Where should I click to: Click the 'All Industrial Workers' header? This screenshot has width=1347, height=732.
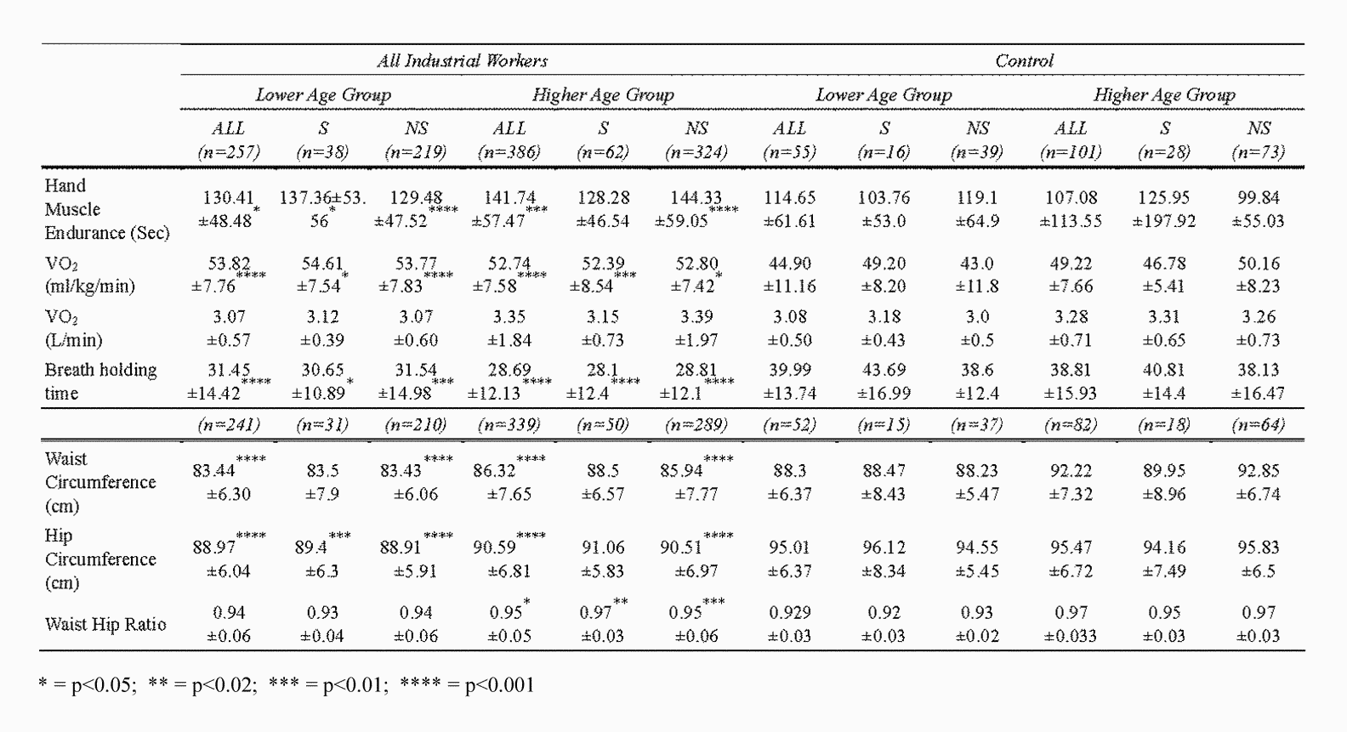462,60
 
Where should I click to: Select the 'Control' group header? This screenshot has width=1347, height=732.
1024,60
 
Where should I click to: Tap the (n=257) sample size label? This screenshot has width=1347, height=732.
228,152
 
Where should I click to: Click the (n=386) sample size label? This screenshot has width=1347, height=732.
509,152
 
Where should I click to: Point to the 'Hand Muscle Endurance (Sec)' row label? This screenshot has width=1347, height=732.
106,209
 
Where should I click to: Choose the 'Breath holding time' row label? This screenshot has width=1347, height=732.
100,382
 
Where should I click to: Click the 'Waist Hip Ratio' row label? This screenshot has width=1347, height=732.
105,624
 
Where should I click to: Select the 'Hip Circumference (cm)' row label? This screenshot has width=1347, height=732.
100,559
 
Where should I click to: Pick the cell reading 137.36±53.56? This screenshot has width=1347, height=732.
322,209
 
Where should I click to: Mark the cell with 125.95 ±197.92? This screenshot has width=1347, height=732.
1164,209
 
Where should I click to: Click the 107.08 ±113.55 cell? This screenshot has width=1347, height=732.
1071,209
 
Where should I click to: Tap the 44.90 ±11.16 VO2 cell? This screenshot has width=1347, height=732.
789,275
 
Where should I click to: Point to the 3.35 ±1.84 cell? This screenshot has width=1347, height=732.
509,328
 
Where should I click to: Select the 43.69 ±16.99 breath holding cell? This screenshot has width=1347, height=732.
884,382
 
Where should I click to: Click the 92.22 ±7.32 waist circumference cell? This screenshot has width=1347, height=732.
1071,482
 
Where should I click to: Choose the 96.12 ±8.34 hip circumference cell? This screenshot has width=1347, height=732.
884,559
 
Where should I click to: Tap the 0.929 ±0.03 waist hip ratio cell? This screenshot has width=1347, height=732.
789,624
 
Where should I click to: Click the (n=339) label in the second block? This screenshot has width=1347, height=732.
509,424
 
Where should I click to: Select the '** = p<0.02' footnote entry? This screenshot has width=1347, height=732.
202,685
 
